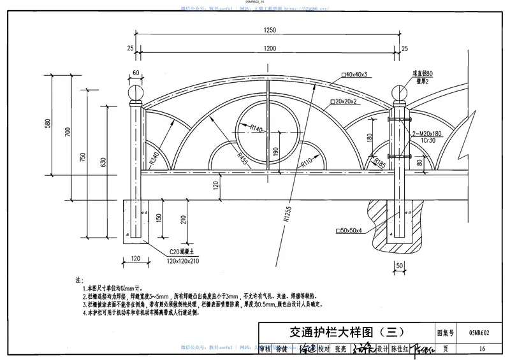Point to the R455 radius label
(x=243, y=157)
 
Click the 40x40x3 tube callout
(x=356, y=75)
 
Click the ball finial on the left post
(x=135, y=92)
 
